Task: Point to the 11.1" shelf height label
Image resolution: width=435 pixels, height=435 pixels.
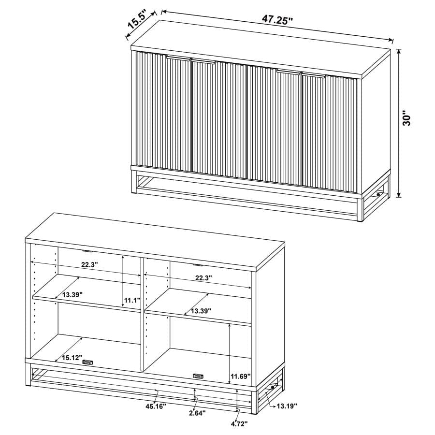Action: pyautogui.click(x=132, y=300)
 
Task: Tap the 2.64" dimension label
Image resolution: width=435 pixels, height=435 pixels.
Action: pyautogui.click(x=197, y=413)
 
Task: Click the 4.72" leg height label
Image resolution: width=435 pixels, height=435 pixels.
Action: pyautogui.click(x=239, y=424)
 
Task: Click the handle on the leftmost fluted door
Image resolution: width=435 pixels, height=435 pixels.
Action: pyautogui.click(x=177, y=57)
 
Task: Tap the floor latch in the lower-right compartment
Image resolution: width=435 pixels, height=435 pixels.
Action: pyautogui.click(x=198, y=376)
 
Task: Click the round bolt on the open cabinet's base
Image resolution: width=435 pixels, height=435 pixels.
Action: pyautogui.click(x=273, y=387)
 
